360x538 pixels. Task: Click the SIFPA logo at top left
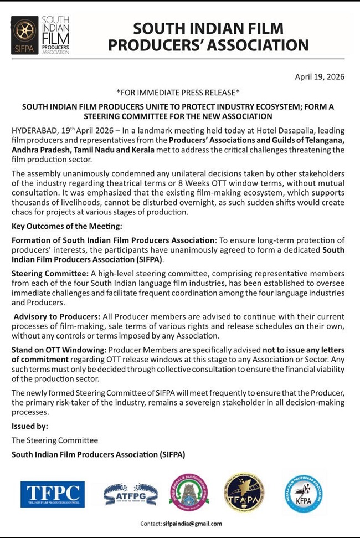point(40,35)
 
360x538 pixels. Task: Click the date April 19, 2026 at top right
point(319,76)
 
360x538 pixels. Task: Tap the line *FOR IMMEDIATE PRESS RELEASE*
point(178,91)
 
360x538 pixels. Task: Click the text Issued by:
point(30,426)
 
